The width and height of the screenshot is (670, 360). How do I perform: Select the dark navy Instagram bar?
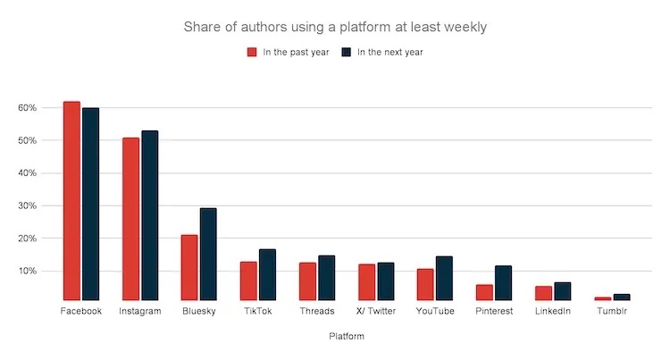(x=149, y=215)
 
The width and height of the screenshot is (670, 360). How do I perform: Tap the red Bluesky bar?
(x=189, y=268)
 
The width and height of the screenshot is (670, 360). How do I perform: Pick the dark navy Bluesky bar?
(x=208, y=255)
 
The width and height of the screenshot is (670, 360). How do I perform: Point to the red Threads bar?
(x=307, y=281)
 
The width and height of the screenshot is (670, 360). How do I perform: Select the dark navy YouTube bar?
(x=444, y=279)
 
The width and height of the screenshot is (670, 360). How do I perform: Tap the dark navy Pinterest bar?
(x=503, y=283)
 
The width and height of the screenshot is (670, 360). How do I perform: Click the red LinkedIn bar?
(x=543, y=293)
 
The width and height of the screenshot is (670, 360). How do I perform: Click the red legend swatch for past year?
(x=252, y=52)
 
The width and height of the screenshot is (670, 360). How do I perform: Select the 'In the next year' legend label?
(x=390, y=52)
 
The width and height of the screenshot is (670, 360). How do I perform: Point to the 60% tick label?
(x=27, y=108)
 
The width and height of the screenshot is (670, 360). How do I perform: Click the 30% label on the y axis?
(x=27, y=205)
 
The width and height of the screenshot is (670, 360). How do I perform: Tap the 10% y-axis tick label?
(x=27, y=271)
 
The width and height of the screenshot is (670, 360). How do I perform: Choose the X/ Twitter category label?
(x=375, y=311)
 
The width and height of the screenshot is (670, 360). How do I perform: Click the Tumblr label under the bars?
(x=612, y=311)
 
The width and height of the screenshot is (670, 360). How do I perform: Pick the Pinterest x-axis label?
(x=494, y=311)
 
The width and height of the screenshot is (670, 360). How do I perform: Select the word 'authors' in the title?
(x=253, y=27)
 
